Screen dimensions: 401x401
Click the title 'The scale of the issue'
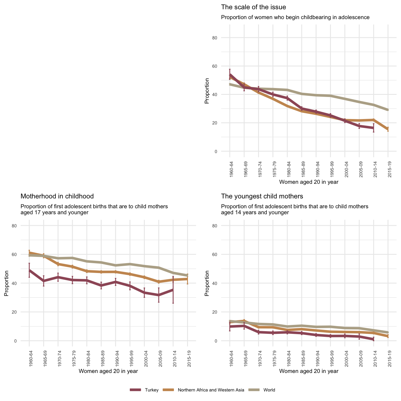(253, 7)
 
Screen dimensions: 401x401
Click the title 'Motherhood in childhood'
(57, 196)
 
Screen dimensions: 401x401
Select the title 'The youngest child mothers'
(262, 196)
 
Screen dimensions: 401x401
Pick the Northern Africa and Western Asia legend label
(211, 390)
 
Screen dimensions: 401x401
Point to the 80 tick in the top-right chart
(223, 38)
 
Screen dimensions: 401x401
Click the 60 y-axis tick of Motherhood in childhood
(23, 255)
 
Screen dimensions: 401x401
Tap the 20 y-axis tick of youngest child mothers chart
(223, 312)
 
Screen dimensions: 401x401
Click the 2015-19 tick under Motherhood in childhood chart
(187, 359)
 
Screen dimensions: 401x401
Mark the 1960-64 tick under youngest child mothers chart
(230, 359)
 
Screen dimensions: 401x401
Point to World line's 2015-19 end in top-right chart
(388, 110)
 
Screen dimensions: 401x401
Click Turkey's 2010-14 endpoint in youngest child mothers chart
(374, 339)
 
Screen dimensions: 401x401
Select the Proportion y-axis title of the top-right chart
(207, 91)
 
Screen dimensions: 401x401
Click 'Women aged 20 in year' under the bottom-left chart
(108, 371)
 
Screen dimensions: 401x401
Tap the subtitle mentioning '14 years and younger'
(294, 209)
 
